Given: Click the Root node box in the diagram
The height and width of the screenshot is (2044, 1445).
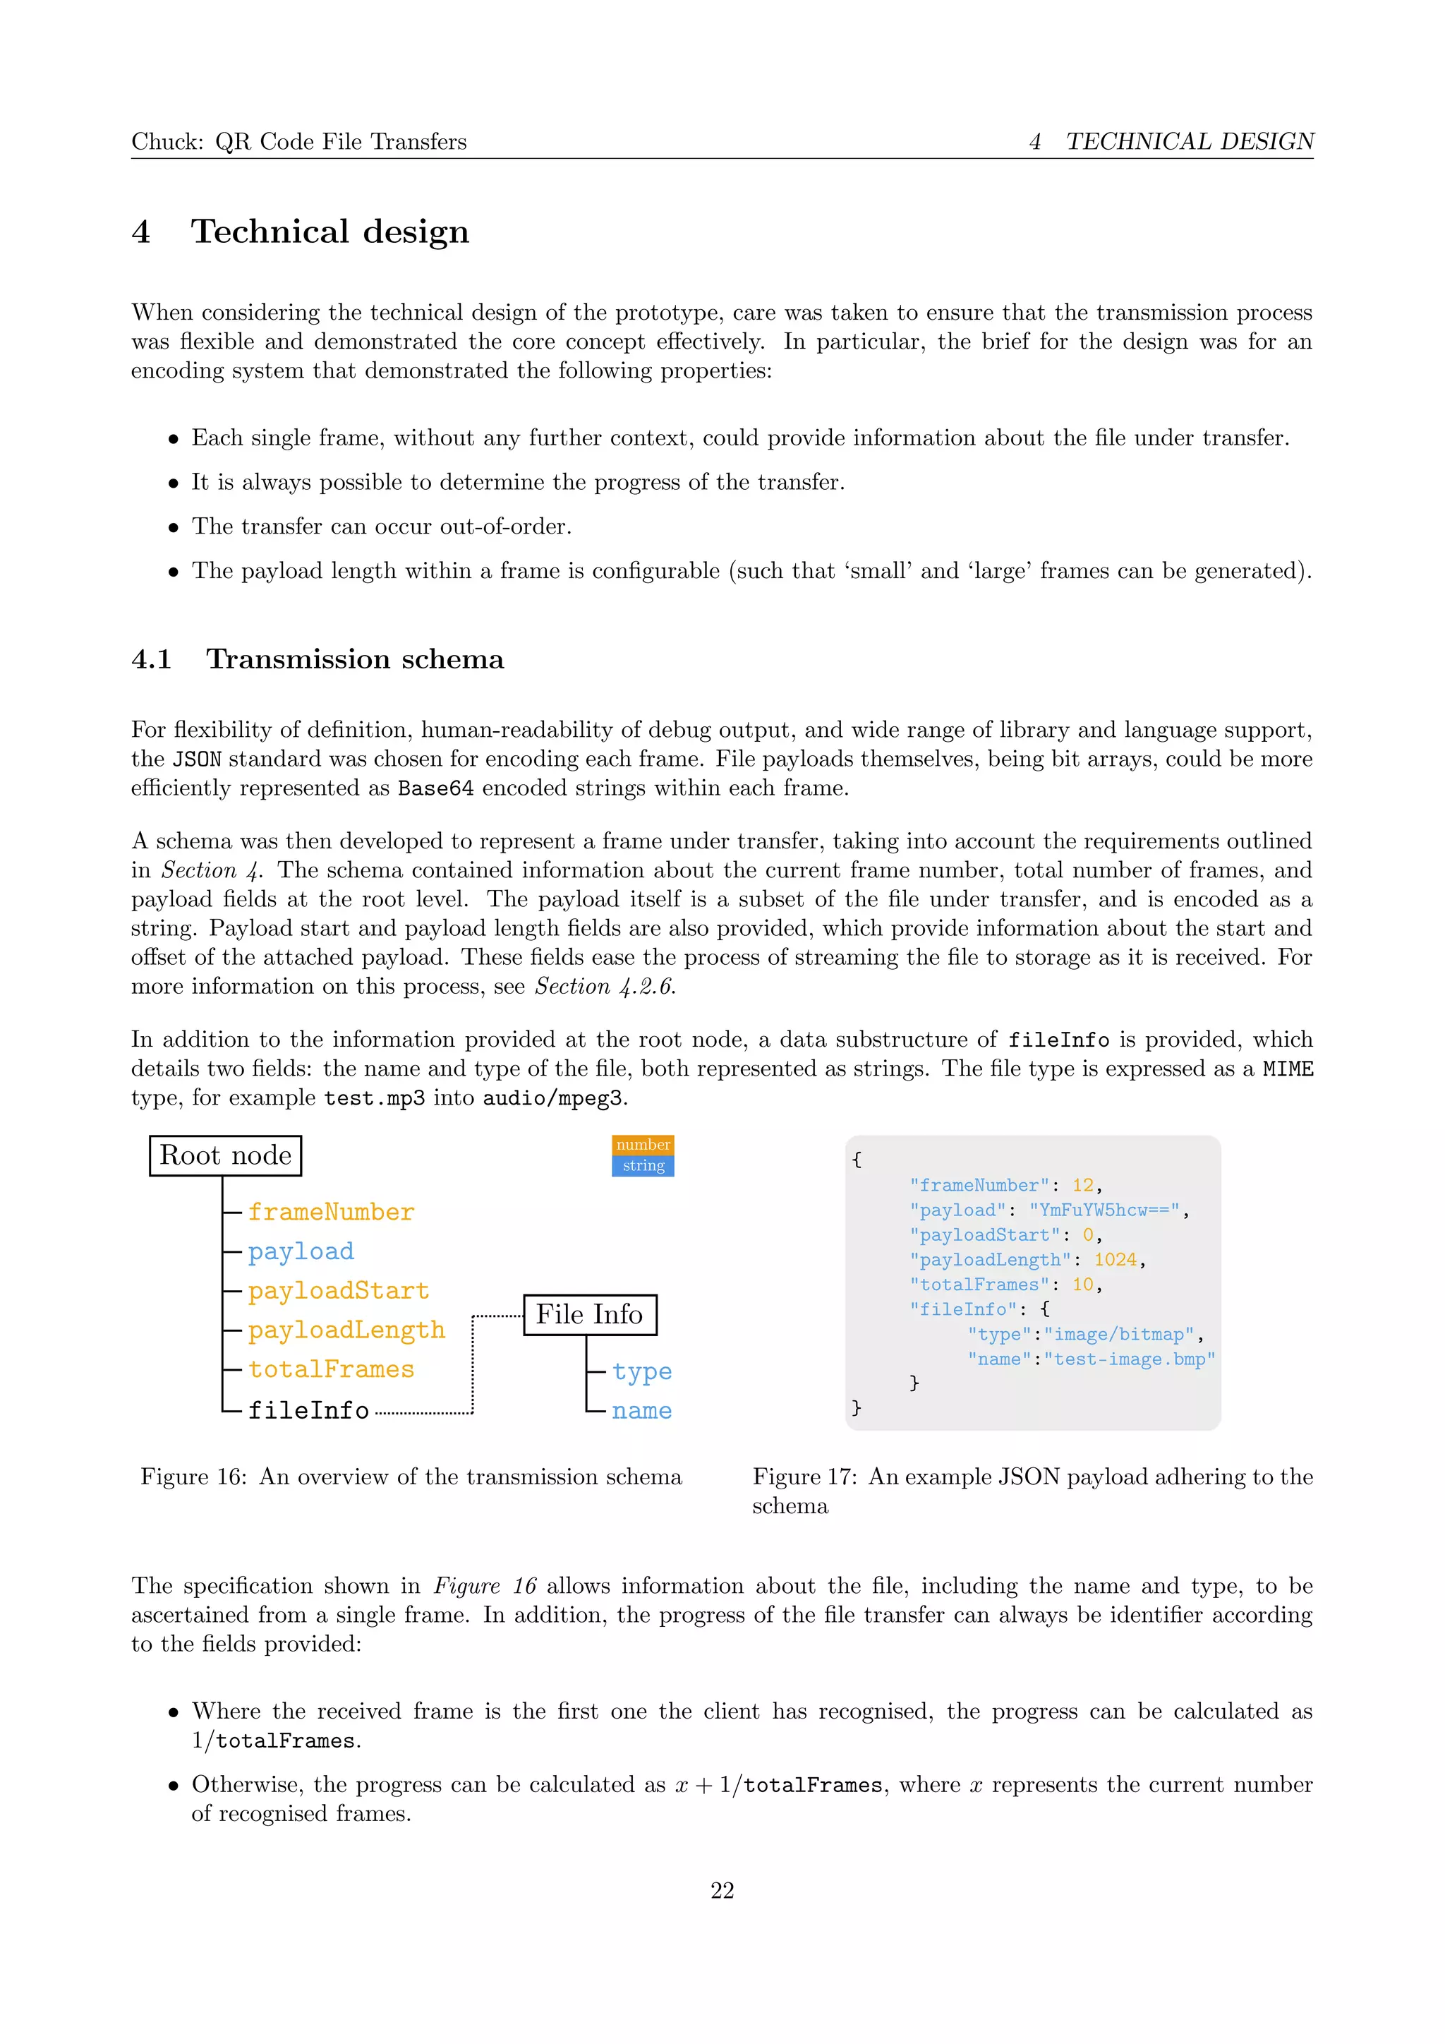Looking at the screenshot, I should point(225,1155).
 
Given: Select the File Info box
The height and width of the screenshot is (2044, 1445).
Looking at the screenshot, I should point(589,1315).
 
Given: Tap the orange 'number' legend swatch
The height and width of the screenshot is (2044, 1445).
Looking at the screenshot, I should point(643,1145).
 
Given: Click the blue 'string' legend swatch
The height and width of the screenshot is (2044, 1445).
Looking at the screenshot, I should point(643,1165).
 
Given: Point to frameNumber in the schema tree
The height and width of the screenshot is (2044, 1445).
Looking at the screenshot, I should point(331,1213).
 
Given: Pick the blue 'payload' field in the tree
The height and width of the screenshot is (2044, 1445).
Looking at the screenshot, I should point(301,1251).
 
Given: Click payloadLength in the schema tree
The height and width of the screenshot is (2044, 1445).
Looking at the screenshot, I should point(346,1330).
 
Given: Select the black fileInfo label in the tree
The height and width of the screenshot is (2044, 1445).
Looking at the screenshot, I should point(308,1410).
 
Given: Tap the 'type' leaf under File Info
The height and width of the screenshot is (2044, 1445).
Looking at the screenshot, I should point(641,1372).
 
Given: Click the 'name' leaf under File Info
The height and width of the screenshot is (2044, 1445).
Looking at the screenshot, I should point(641,1411).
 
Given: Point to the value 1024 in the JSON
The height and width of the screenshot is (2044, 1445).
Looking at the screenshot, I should point(1115,1260).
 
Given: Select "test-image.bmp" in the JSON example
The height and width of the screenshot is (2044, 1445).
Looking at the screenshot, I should point(1129,1359).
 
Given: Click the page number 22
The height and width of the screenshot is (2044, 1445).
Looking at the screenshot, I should point(722,1891).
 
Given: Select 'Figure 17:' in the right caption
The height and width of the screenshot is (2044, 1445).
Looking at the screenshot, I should point(804,1477).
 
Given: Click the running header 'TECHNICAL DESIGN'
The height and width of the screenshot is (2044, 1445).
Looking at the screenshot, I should point(1189,142).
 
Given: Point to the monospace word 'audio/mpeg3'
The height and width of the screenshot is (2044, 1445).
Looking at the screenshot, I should point(552,1098).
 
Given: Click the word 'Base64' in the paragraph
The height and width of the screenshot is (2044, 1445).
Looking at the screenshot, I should point(435,789).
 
